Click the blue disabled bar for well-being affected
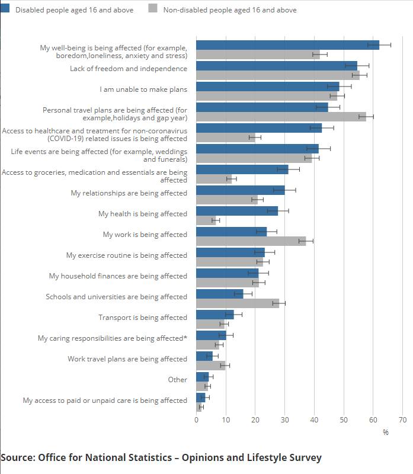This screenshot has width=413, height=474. pos(287,45)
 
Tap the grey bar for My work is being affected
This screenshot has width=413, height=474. pos(251,241)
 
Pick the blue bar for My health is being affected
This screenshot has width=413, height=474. pos(237,211)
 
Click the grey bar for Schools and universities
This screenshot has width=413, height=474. pos(238,303)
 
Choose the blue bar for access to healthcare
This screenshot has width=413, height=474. pos(259,128)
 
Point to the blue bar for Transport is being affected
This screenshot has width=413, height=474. pos(215,315)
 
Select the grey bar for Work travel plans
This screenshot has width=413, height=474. pos(210,366)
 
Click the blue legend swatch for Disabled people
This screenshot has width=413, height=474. pos(5,10)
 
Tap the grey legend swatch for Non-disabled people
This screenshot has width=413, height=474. pos(152,10)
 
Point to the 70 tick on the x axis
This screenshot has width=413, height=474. pos(403,420)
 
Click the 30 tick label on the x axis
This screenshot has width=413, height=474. pos(285,420)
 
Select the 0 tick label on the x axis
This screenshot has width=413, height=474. pos(197,420)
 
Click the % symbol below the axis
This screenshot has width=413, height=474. pos(386,433)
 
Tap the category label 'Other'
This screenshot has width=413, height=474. pos(178,380)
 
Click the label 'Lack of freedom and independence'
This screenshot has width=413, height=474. pos(129,69)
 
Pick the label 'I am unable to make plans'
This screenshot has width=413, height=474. pos(143,89)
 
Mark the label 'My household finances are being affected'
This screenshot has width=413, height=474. pos(118,276)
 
